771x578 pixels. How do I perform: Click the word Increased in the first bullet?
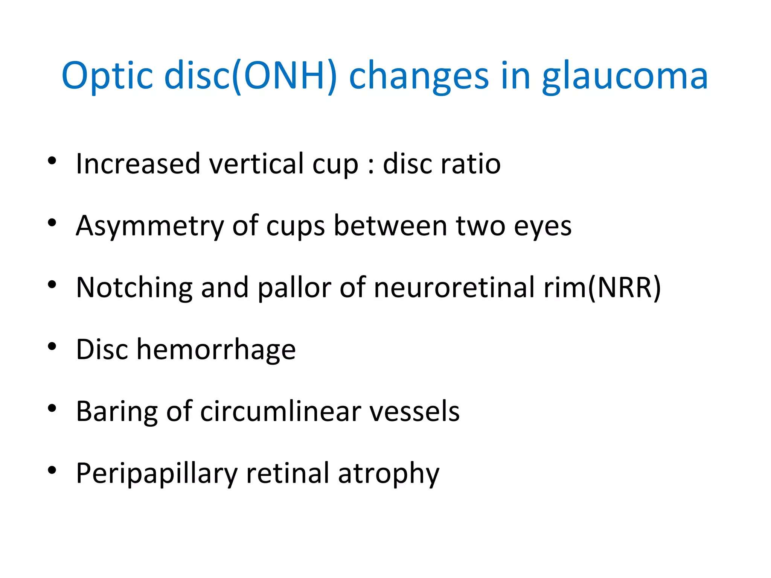tap(138, 164)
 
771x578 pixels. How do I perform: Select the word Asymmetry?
tap(149, 226)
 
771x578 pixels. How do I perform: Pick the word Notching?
tap(134, 288)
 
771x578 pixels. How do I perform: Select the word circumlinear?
tap(280, 411)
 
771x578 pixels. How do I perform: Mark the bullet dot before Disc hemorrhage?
tap(52, 347)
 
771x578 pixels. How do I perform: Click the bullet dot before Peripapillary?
tap(52, 470)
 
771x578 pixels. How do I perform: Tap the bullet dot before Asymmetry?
tap(52, 223)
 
